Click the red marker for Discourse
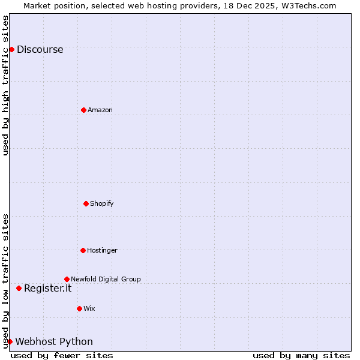click(x=11, y=49)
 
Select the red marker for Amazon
click(x=83, y=110)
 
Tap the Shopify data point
click(x=86, y=203)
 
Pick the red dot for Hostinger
click(x=83, y=250)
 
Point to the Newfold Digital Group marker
click(x=67, y=279)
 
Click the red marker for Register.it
click(x=19, y=288)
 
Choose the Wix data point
click(x=79, y=308)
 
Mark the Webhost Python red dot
click(x=10, y=341)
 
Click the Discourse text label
click(x=40, y=50)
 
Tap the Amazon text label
click(x=100, y=110)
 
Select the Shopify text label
click(x=102, y=204)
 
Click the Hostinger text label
click(x=102, y=251)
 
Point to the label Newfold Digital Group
click(x=106, y=280)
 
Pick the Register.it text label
click(x=47, y=289)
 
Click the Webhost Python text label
click(x=54, y=342)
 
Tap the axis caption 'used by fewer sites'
click(x=62, y=355)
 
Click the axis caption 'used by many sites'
click(x=301, y=355)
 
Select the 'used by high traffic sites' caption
click(x=6, y=85)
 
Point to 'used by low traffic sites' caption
click(x=6, y=280)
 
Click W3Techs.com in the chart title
click(x=308, y=5)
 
